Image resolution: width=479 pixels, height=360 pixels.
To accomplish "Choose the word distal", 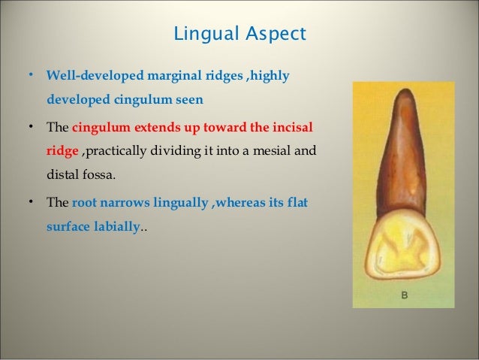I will pyautogui.click(x=63, y=177).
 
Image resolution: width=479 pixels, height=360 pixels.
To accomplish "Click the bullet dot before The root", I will pyautogui.click(x=31, y=202).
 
